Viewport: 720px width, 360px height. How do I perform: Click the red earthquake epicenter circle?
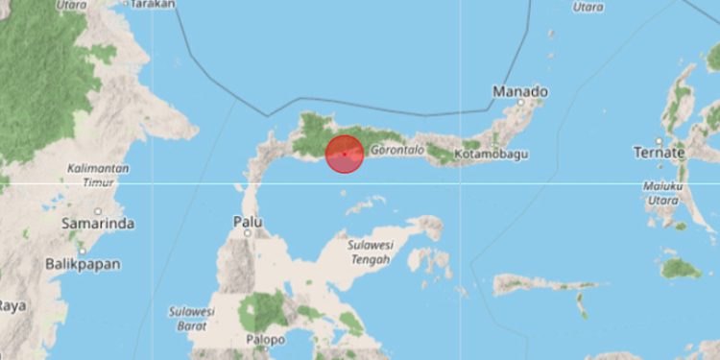click(x=344, y=155)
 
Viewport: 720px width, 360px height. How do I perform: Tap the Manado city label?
click(x=520, y=92)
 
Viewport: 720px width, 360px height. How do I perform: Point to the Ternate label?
click(x=659, y=153)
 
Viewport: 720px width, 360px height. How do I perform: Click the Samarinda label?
click(x=97, y=224)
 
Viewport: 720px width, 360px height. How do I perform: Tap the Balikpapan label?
click(x=84, y=262)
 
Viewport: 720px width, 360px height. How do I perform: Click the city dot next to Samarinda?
click(x=98, y=211)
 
